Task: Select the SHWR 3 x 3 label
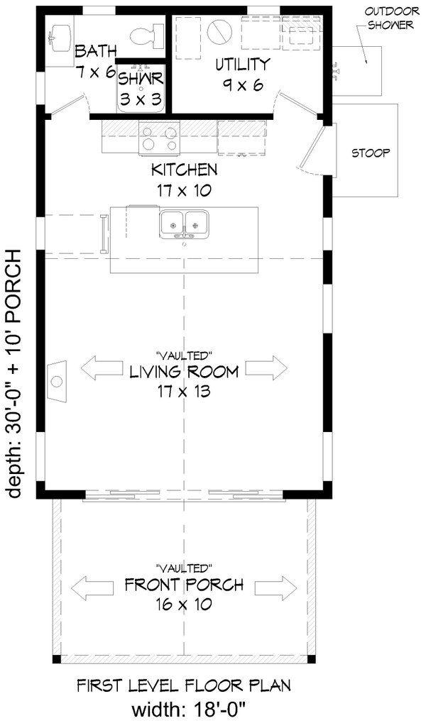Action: (x=141, y=87)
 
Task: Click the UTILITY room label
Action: (x=242, y=64)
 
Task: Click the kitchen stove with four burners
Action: (x=159, y=137)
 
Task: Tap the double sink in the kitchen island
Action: (x=185, y=223)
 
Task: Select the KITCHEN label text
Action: (x=185, y=170)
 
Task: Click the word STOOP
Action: (x=371, y=153)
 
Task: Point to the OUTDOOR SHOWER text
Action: (x=390, y=18)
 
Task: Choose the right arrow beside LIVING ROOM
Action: (x=267, y=368)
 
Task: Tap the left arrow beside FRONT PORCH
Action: (x=93, y=586)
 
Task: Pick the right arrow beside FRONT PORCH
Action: (x=276, y=586)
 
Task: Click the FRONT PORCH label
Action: (x=184, y=585)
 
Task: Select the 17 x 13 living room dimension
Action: (x=184, y=392)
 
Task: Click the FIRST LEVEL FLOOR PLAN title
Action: (x=183, y=685)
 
